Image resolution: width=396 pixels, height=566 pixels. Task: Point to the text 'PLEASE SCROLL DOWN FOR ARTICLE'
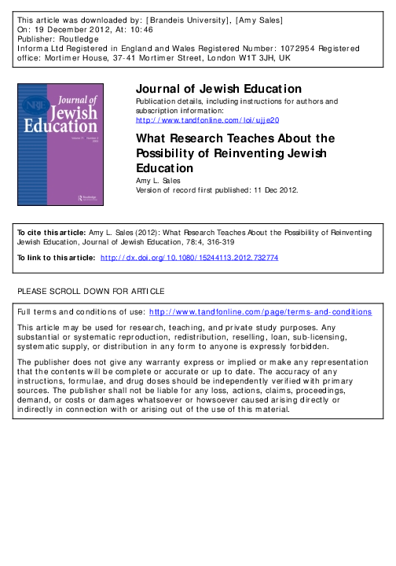pyautogui.click(x=91, y=292)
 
